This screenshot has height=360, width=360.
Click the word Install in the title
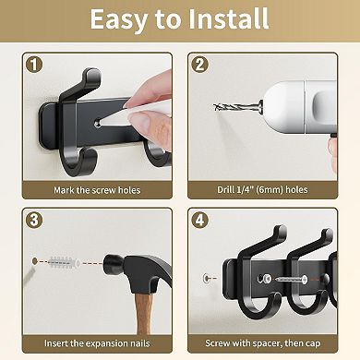228,19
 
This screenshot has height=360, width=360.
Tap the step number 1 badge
34,65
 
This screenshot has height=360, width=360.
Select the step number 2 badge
199,65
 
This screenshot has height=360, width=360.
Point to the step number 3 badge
34,221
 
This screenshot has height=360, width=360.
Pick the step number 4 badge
199,221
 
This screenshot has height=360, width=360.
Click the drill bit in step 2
237,107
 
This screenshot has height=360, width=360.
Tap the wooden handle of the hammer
143,314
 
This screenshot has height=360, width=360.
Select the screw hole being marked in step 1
97,124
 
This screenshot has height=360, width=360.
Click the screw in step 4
292,280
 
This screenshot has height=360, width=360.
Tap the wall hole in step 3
35,261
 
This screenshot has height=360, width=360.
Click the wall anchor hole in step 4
207,279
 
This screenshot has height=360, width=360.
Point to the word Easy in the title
118,19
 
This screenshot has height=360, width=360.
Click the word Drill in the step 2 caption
226,189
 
